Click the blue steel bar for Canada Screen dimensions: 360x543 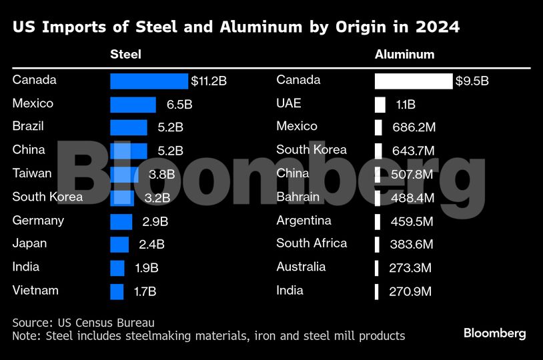[x=149, y=81]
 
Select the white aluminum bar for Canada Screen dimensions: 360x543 [x=414, y=81]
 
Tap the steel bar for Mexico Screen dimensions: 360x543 [x=133, y=105]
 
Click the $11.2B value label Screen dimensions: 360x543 [x=209, y=81]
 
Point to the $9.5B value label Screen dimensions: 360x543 [x=472, y=81]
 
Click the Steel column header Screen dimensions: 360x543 [x=125, y=55]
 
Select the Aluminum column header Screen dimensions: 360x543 [x=404, y=55]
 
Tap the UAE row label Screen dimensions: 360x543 [x=289, y=103]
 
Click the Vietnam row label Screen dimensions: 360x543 [x=35, y=291]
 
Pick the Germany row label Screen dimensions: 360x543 [x=38, y=220]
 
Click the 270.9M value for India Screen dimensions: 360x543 [x=410, y=291]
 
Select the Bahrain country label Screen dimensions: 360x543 [x=298, y=197]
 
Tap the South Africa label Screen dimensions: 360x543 [x=312, y=243]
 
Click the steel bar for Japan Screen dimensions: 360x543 [x=119, y=245]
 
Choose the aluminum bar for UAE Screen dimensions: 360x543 [x=380, y=105]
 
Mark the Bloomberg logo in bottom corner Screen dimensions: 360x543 [x=494, y=333]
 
